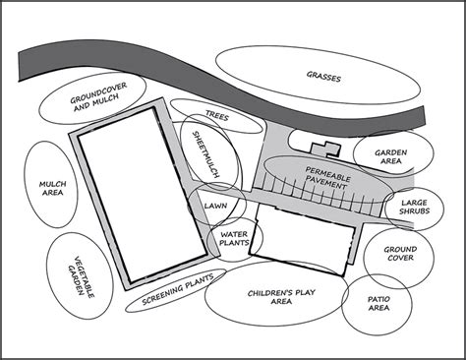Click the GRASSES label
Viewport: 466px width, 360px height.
point(324,75)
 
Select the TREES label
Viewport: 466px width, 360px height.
point(217,116)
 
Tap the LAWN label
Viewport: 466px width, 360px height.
point(214,207)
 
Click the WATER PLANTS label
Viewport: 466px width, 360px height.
point(232,240)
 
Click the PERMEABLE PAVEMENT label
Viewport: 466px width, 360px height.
point(321,178)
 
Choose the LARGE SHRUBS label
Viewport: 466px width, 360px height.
point(406,208)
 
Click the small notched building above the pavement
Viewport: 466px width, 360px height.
point(323,149)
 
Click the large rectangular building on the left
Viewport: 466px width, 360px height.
point(136,192)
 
